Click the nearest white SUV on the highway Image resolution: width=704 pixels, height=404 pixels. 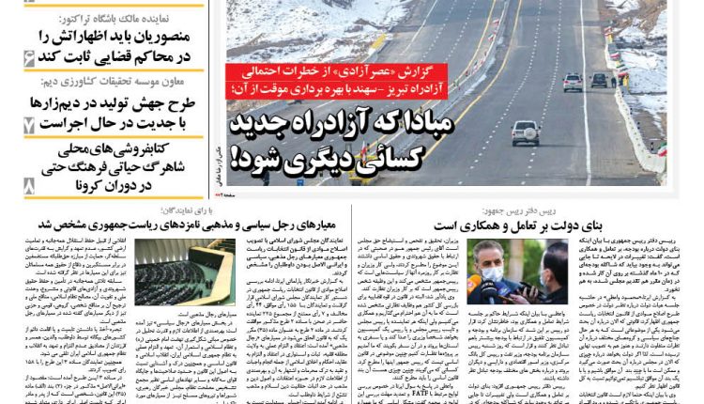coord(525,132)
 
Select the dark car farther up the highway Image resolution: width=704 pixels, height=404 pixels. coord(599,80)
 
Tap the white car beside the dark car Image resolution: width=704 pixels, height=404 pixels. coord(573,82)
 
